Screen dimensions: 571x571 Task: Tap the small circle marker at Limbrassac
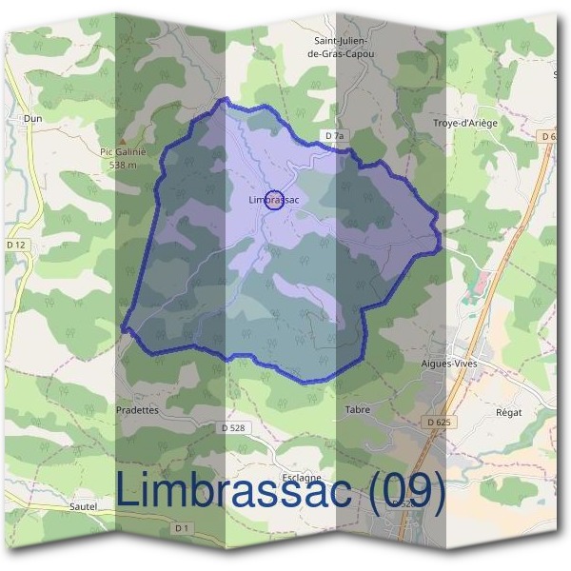pyautogui.click(x=273, y=200)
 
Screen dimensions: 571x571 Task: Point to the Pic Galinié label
pyautogui.click(x=120, y=150)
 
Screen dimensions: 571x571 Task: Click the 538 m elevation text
pyautogui.click(x=124, y=165)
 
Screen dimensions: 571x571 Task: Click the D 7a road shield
pyautogui.click(x=333, y=136)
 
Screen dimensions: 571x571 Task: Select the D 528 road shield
pyautogui.click(x=233, y=428)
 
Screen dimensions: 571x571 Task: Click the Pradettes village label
pyautogui.click(x=138, y=410)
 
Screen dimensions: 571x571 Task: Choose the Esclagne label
pyautogui.click(x=302, y=478)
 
